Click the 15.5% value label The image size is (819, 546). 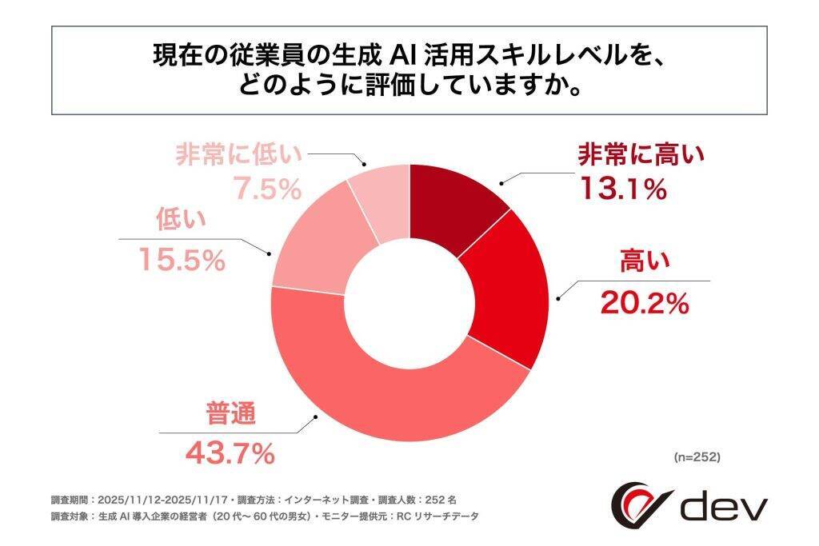[180, 259]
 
